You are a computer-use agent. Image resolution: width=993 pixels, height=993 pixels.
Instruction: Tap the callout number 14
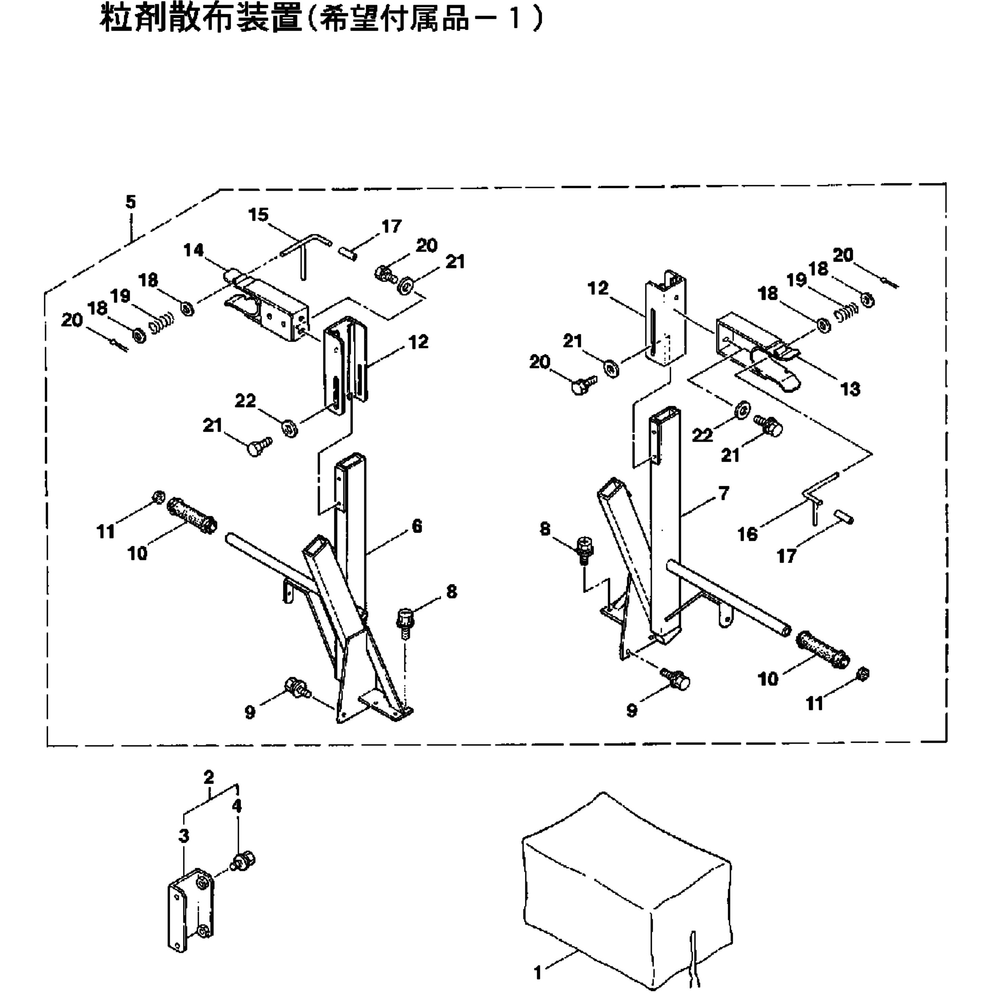pyautogui.click(x=194, y=250)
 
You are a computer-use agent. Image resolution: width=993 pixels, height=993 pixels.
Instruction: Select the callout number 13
pyautogui.click(x=850, y=389)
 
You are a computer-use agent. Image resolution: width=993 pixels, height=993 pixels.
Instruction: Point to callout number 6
pyautogui.click(x=417, y=526)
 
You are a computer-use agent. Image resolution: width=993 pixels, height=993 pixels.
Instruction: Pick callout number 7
pyautogui.click(x=724, y=494)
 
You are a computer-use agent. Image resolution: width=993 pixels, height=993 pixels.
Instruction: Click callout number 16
pyautogui.click(x=747, y=534)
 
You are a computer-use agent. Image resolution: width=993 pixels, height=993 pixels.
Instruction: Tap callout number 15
pyautogui.click(x=258, y=214)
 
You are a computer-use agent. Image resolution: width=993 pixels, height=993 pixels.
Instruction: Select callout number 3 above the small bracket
pyautogui.click(x=184, y=836)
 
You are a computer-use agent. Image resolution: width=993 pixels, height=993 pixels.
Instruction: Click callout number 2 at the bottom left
pyautogui.click(x=208, y=777)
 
